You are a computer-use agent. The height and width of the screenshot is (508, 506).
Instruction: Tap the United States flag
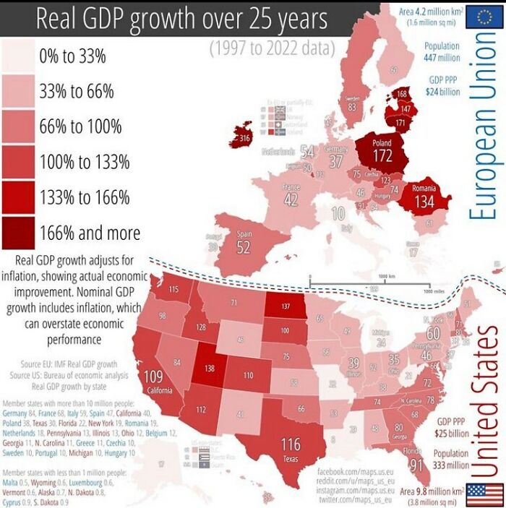point(484,494)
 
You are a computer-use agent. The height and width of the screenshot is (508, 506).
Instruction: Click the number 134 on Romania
point(424,201)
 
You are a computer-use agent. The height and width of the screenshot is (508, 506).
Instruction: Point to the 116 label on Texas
point(291,444)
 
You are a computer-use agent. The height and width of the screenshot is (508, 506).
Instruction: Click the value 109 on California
point(153,376)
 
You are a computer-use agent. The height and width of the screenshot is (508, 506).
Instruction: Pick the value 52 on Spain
point(244,247)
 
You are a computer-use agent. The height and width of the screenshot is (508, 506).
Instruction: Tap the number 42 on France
point(291,199)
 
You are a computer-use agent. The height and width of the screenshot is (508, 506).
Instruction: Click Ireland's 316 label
point(244,137)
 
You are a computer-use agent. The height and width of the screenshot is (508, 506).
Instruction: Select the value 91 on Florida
point(416,466)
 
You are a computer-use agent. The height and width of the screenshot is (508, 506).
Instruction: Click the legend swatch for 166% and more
point(19,232)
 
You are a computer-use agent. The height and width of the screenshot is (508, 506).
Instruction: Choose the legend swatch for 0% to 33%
point(19,55)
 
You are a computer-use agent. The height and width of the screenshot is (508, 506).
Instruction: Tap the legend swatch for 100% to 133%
point(19,161)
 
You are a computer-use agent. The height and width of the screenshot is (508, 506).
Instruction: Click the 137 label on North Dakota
point(285,306)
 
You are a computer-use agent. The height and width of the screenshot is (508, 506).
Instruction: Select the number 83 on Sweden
point(352,106)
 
